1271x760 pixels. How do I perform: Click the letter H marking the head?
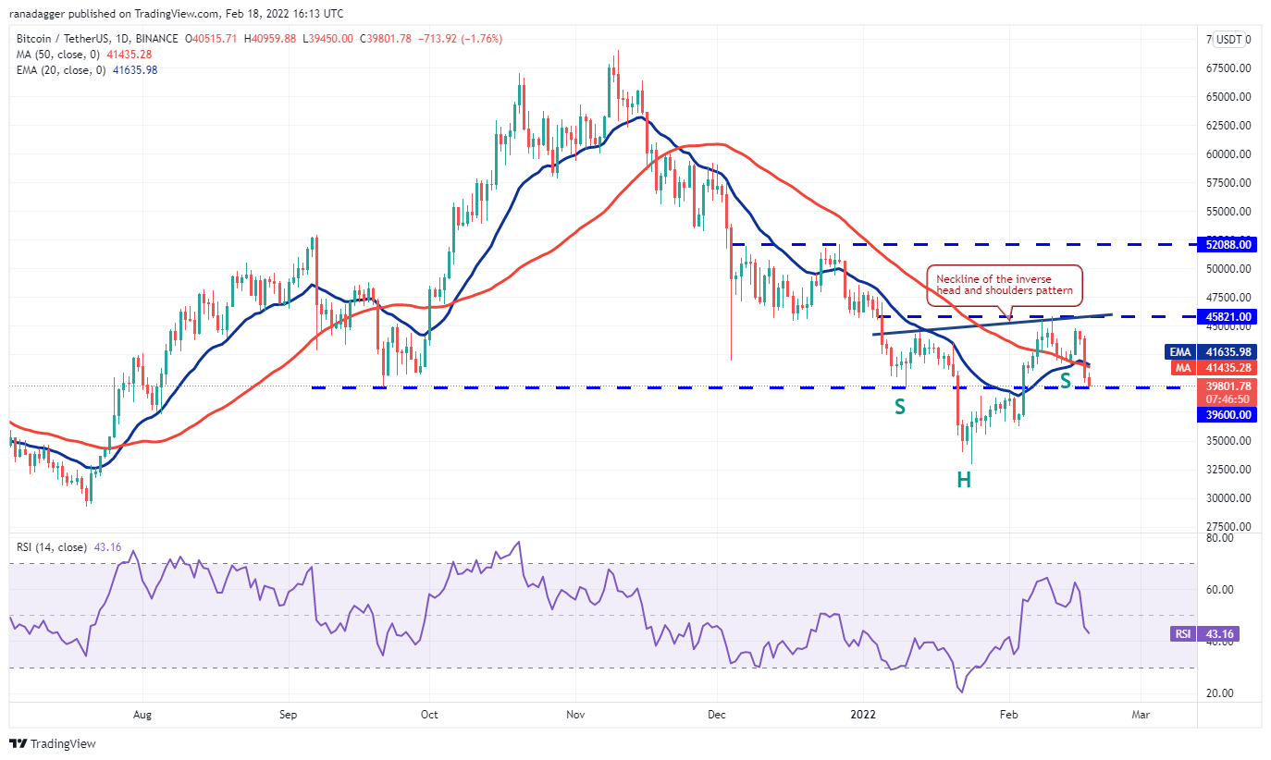964,479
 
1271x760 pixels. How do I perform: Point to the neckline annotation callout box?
1004,285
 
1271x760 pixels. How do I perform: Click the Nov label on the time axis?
575,715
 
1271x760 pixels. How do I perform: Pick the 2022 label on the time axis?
862,715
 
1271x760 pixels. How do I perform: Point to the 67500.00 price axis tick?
1228,68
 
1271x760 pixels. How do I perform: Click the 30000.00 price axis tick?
1228,498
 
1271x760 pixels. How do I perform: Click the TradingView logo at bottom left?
53,743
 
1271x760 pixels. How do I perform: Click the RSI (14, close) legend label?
52,547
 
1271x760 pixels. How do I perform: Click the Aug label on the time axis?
142,715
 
